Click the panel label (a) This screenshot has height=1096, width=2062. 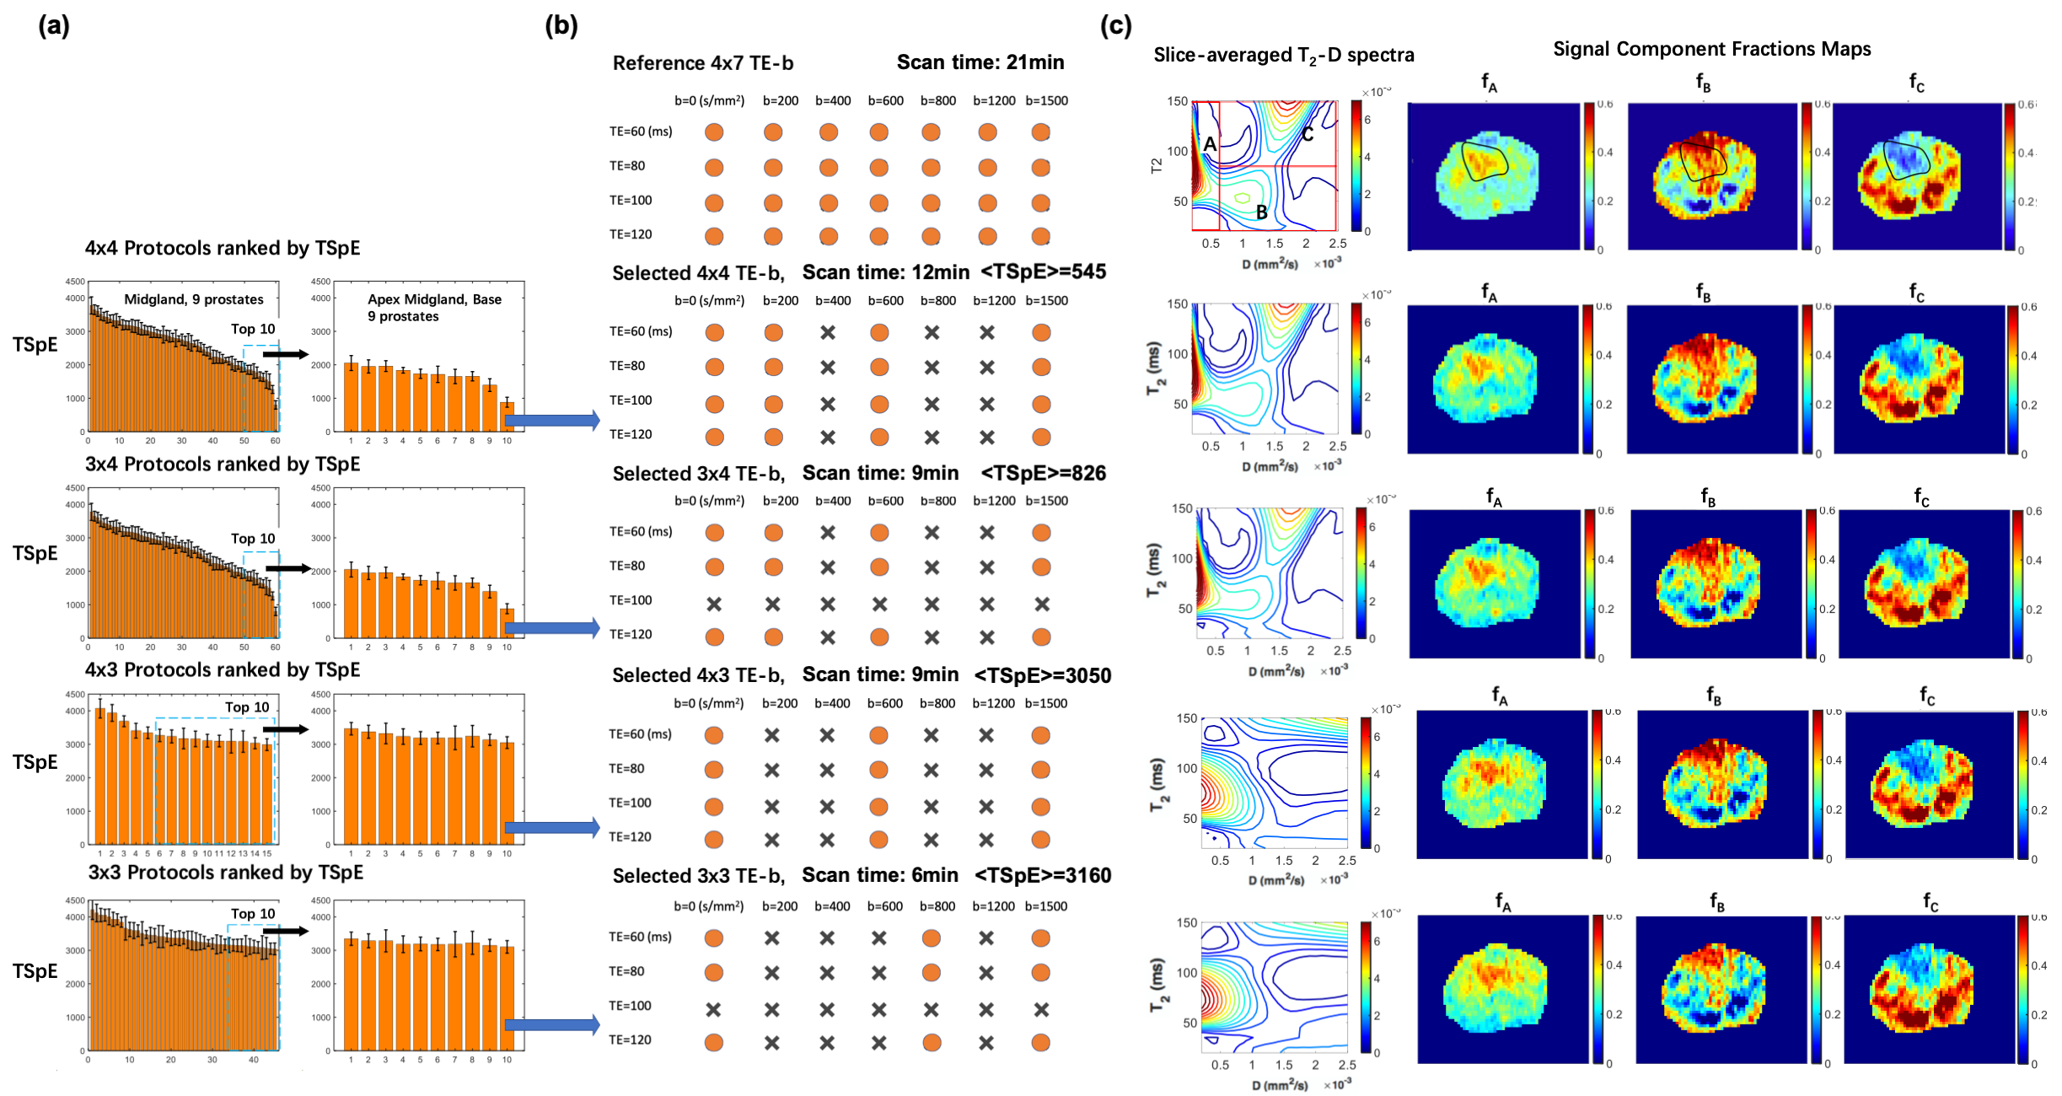tap(53, 26)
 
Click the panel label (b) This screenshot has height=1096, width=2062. tap(561, 26)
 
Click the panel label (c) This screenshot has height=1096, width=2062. tap(1115, 26)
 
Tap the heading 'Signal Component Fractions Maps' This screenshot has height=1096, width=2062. tap(1711, 49)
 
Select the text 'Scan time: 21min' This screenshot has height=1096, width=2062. tap(980, 62)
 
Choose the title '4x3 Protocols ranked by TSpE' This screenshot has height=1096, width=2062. tap(223, 670)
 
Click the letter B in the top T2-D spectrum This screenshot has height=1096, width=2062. tap(1262, 212)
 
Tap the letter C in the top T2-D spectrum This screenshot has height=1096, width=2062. tap(1308, 135)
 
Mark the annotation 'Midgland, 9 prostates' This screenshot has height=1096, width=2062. tap(193, 299)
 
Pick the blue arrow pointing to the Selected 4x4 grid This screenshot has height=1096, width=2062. tap(552, 420)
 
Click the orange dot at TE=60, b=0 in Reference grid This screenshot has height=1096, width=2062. tap(714, 132)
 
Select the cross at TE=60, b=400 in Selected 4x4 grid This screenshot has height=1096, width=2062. tap(828, 333)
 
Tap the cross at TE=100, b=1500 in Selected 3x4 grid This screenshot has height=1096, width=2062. tap(1042, 604)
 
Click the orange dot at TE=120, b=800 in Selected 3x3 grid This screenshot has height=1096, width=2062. tap(932, 1042)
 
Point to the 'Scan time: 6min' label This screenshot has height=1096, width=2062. tap(880, 876)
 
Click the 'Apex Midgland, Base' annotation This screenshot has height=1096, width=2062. tap(434, 299)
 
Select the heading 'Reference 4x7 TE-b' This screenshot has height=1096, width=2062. tap(702, 63)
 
